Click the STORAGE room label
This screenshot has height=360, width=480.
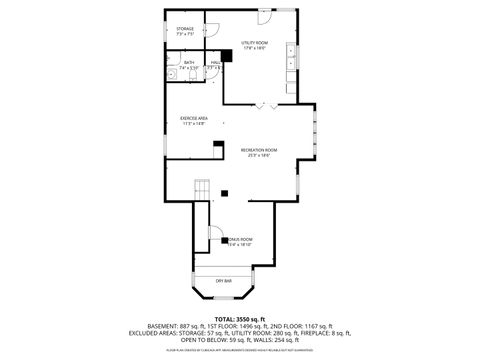(185, 29)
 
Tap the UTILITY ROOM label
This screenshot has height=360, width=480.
(255, 43)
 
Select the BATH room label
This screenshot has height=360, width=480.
(189, 63)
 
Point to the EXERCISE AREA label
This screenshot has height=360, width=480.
(193, 118)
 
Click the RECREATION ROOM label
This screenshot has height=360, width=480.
(258, 149)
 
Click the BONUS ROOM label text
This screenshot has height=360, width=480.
(240, 239)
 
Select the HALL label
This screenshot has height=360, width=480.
(215, 63)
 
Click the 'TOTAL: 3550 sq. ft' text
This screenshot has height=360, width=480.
(240, 317)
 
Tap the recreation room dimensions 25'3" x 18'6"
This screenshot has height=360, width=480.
(258, 155)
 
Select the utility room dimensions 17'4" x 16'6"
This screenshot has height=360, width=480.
(255, 49)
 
